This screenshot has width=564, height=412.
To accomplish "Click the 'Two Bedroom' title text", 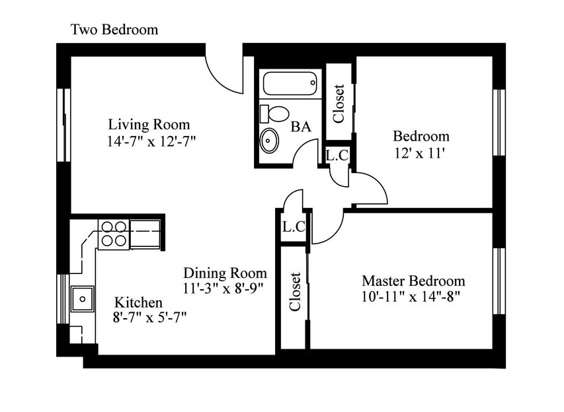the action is click(x=114, y=30).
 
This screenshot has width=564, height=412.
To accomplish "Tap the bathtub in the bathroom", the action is click(x=290, y=83).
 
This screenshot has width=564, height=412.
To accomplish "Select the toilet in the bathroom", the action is click(x=274, y=114).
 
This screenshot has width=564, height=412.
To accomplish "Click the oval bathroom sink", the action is click(x=269, y=140).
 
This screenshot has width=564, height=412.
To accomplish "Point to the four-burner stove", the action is click(x=114, y=234).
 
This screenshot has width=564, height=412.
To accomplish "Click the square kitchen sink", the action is click(x=83, y=299).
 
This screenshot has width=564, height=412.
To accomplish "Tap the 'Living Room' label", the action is click(x=149, y=125).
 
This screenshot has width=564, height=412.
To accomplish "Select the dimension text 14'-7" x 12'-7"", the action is click(x=151, y=141).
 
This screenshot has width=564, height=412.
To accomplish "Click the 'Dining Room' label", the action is click(x=225, y=273).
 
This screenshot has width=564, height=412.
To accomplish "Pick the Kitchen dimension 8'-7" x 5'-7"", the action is click(x=149, y=318).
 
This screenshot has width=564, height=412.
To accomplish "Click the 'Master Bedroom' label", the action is click(x=413, y=281).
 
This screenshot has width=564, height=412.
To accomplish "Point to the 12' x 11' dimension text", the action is click(x=420, y=154).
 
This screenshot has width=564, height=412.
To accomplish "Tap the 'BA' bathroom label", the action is click(x=301, y=127).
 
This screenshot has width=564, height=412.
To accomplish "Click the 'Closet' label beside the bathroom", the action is click(x=339, y=104).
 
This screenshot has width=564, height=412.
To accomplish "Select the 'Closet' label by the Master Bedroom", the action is click(x=295, y=292).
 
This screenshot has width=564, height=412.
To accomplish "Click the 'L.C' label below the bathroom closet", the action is click(x=337, y=156).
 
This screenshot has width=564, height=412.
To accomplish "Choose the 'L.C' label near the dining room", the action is click(x=294, y=226).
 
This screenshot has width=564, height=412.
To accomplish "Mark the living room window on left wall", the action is click(x=63, y=125).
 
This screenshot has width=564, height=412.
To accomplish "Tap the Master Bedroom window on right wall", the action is click(x=499, y=281).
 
